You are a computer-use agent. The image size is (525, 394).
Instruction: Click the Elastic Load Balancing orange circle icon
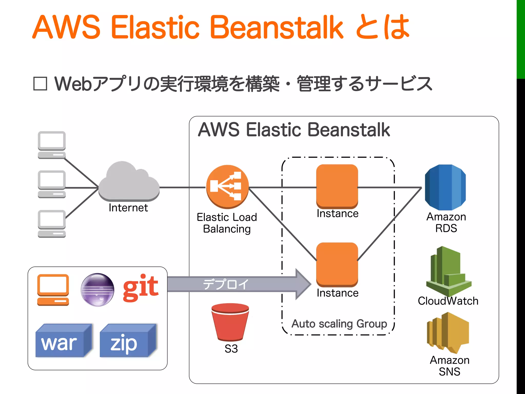pos(227,186)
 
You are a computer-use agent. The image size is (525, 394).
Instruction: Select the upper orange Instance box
pos(337,186)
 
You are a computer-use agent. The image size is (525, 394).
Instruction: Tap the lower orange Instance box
pos(337,264)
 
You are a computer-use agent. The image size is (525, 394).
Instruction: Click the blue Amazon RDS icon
pos(445,187)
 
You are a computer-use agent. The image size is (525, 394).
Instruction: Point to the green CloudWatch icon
pos(448,272)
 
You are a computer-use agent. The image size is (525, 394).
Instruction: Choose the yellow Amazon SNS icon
pos(448,332)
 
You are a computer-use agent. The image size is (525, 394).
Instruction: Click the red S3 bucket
pos(230,322)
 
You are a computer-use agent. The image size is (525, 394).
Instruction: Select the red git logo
pos(140,288)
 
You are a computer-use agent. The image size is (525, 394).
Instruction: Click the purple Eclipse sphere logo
pos(97,290)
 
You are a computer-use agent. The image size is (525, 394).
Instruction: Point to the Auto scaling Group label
pos(339,324)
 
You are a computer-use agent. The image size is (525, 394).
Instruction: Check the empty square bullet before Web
pos(40,84)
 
